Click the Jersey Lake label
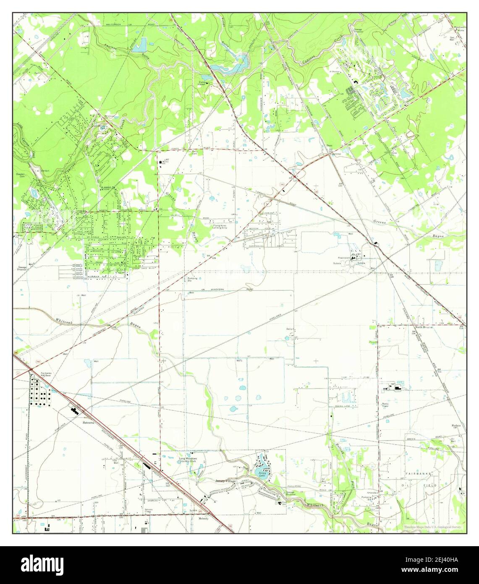(x=263, y=474)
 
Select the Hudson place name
(x=456, y=426)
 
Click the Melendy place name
(x=204, y=518)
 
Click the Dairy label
(x=289, y=329)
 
